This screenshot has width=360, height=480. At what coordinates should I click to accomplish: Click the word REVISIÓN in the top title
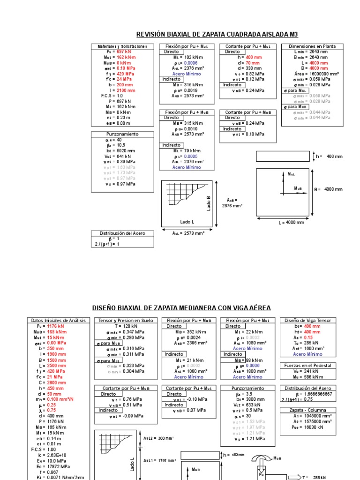(151, 34)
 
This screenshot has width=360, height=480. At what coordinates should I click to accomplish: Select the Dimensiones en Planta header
(312, 46)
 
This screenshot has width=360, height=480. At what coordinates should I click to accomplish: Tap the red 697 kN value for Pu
(124, 52)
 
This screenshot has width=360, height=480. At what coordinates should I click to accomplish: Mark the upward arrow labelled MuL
(284, 179)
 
